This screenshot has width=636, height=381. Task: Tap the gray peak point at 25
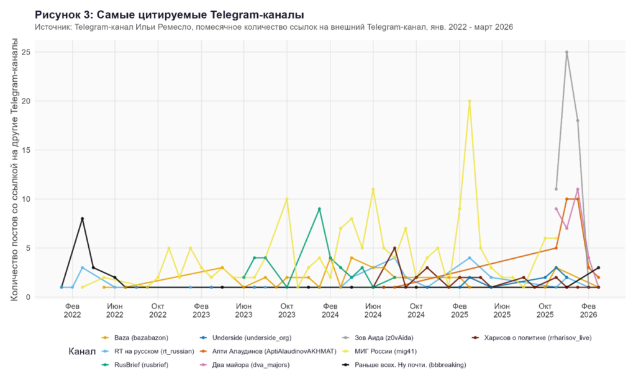566,52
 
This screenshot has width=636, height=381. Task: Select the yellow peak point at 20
470,101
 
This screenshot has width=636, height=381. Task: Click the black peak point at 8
82,218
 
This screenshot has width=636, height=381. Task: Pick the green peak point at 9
319,208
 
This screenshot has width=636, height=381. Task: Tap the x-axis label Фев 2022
72,310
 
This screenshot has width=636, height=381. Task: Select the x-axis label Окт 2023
287,310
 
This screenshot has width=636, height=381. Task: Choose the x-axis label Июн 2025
502,310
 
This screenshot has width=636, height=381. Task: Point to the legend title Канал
82,351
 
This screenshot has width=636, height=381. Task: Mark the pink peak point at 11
578,189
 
